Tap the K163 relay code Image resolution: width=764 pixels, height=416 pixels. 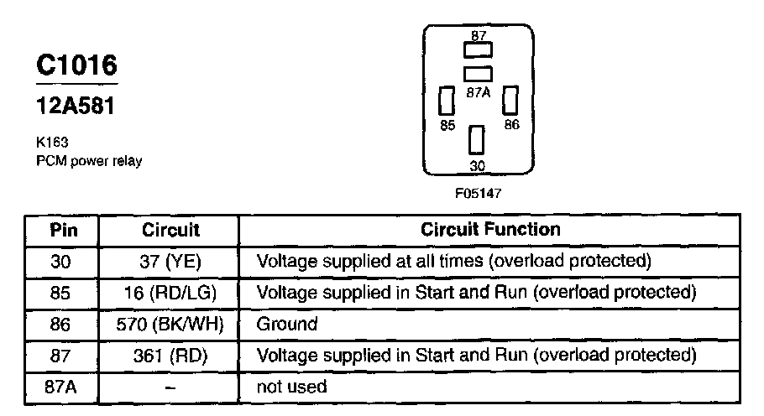pyautogui.click(x=52, y=143)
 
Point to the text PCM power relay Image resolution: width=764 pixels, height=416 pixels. pyautogui.click(x=89, y=160)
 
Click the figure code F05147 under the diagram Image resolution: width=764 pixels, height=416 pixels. pyautogui.click(x=479, y=193)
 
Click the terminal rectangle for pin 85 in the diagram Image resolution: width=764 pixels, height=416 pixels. pyautogui.click(x=447, y=101)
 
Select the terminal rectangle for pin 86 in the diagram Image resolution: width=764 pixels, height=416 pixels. pyautogui.click(x=509, y=101)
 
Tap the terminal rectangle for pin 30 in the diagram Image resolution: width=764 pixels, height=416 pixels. pyautogui.click(x=478, y=139)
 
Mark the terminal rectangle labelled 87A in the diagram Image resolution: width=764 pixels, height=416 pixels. pyautogui.click(x=478, y=74)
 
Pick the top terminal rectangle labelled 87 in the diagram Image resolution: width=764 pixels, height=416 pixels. pyautogui.click(x=478, y=49)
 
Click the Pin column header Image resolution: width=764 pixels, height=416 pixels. pyautogui.click(x=64, y=229)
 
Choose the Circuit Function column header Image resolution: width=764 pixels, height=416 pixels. pyautogui.click(x=489, y=229)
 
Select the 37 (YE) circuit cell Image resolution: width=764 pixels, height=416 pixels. pyautogui.click(x=170, y=261)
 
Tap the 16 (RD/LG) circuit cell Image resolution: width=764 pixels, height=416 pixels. pyautogui.click(x=170, y=293)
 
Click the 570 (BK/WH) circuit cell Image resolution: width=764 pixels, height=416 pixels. pyautogui.click(x=170, y=324)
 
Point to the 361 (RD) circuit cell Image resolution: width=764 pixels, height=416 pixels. pyautogui.click(x=170, y=355)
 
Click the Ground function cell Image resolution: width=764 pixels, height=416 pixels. pyautogui.click(x=286, y=324)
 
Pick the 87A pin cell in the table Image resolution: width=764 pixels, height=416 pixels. pyautogui.click(x=64, y=387)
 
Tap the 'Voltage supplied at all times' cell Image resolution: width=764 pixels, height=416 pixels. pyautogui.click(x=453, y=261)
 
